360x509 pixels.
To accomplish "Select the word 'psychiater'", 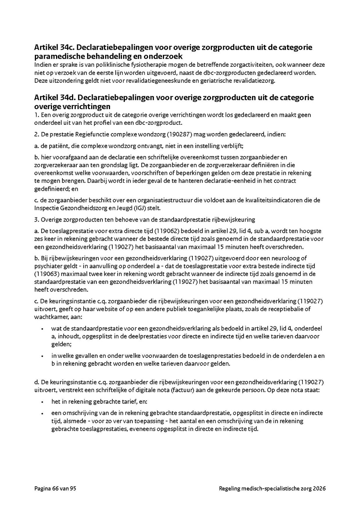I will coord(47,266).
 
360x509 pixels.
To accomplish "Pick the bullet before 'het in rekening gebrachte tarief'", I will coord(42,402).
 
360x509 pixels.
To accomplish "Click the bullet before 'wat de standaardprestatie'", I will coord(42,329).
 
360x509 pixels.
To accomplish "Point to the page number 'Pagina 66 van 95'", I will coord(55,489).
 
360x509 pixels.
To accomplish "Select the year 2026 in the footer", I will coord(319,489).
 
